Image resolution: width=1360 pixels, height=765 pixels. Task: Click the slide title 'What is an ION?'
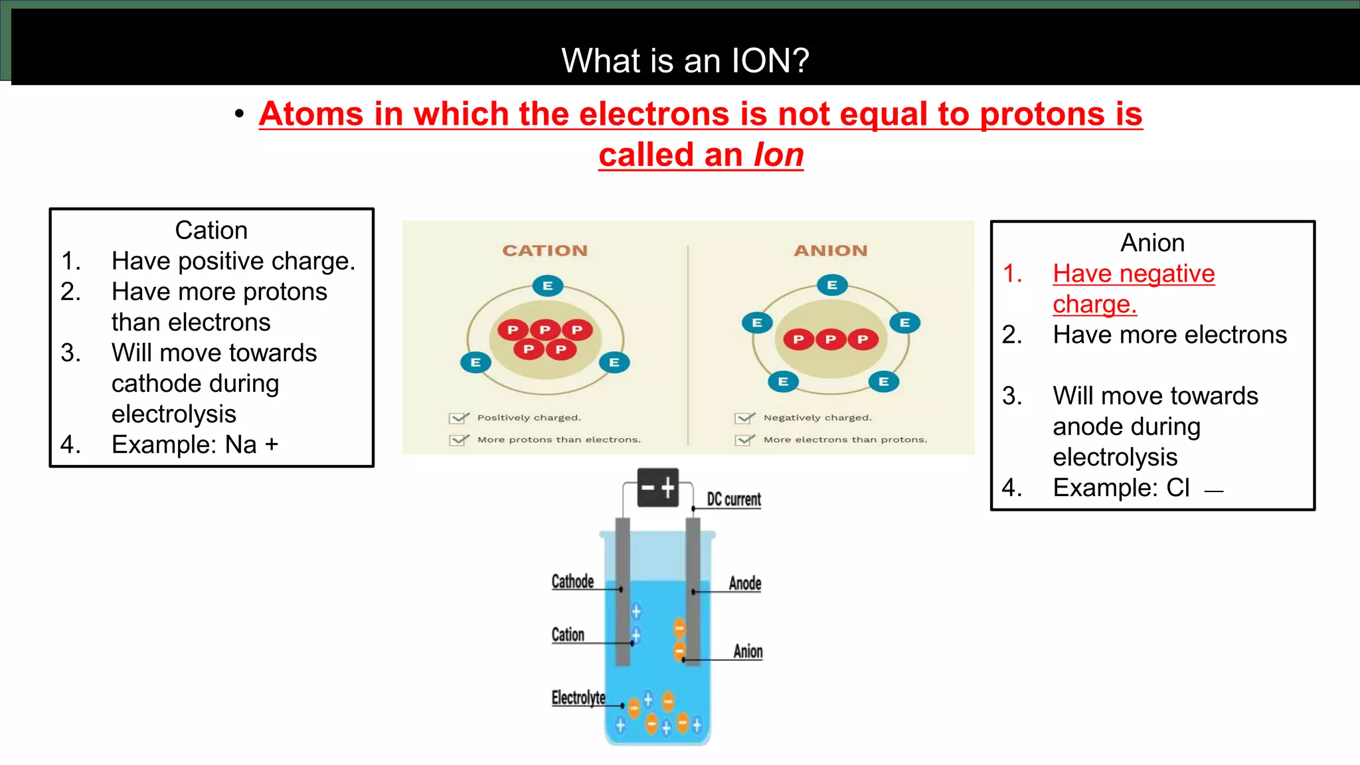(x=685, y=60)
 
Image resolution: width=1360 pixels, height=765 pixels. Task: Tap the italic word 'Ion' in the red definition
(x=778, y=155)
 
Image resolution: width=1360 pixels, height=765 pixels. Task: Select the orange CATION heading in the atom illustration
(x=545, y=250)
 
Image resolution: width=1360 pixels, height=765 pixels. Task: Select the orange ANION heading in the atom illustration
(x=831, y=250)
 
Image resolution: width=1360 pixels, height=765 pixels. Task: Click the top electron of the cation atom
(x=548, y=286)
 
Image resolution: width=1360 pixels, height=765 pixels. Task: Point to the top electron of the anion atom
(x=832, y=286)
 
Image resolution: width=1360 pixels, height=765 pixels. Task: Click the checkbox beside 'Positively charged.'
(x=458, y=418)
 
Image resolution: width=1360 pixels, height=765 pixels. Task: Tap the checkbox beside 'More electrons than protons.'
(x=744, y=440)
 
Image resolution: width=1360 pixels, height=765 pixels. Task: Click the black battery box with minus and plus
(x=657, y=488)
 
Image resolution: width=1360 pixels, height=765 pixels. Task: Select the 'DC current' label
(x=734, y=499)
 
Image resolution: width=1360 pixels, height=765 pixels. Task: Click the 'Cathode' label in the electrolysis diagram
(x=572, y=582)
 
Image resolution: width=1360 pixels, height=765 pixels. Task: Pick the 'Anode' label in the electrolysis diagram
(x=745, y=584)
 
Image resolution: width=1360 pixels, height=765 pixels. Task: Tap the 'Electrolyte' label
(x=578, y=698)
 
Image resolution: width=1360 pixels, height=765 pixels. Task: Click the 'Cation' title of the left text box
(x=211, y=230)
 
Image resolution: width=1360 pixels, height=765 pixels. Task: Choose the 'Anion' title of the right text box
(x=1152, y=243)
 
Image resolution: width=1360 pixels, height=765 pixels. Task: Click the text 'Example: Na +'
(x=195, y=444)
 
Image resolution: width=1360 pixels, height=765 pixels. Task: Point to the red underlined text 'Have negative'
(x=1134, y=274)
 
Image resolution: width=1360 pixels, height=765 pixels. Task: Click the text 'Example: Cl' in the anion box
(x=1121, y=487)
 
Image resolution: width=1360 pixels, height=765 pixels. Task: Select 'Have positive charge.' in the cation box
(x=233, y=261)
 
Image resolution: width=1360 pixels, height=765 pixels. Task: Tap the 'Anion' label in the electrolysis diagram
(x=748, y=651)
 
